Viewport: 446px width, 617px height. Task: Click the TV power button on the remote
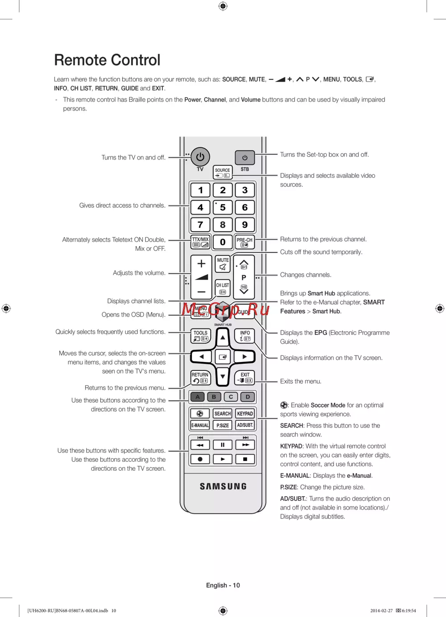coord(200,157)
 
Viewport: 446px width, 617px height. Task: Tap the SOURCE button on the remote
coord(223,173)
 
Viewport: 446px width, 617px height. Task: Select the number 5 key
coord(223,207)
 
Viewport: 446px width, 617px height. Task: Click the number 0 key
coord(223,242)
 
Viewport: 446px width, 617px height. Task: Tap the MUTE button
coord(223,263)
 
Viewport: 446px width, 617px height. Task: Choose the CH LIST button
coord(223,288)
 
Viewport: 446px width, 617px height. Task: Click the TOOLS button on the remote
coord(200,336)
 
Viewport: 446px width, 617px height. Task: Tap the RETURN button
coord(200,378)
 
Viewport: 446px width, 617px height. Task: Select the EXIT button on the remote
coord(245,378)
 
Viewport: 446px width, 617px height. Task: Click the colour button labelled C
coord(231,397)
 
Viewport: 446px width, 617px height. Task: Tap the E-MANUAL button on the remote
coord(200,425)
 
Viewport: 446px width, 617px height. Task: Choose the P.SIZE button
coord(223,425)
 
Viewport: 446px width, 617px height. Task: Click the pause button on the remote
coord(223,444)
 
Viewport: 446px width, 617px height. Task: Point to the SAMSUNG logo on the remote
coord(223,486)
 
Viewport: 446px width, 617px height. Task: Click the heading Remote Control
coord(107,60)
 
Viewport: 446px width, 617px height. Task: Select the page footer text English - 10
coord(223,585)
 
